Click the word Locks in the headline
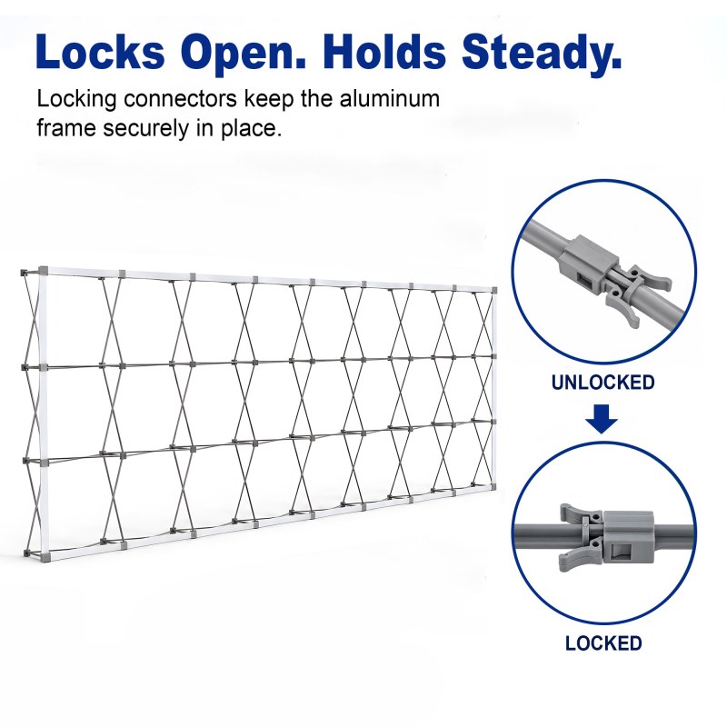click(x=100, y=52)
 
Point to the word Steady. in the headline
click(x=541, y=54)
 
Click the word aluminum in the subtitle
click(x=390, y=99)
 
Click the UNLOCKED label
click(x=603, y=383)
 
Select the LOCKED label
click(x=603, y=643)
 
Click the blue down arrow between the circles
click(x=602, y=419)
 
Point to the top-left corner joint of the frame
click(x=43, y=270)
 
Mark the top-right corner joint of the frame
click(x=494, y=290)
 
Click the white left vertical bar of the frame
click(x=43, y=413)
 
